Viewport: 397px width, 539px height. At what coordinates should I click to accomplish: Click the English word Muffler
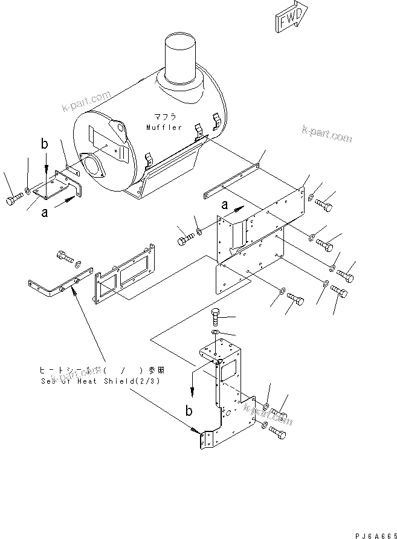tap(163, 127)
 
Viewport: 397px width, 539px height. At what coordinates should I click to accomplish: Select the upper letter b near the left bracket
tap(44, 144)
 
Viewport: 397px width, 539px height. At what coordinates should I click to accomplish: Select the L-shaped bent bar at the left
tap(57, 287)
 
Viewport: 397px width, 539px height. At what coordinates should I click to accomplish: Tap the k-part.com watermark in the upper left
tap(85, 102)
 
